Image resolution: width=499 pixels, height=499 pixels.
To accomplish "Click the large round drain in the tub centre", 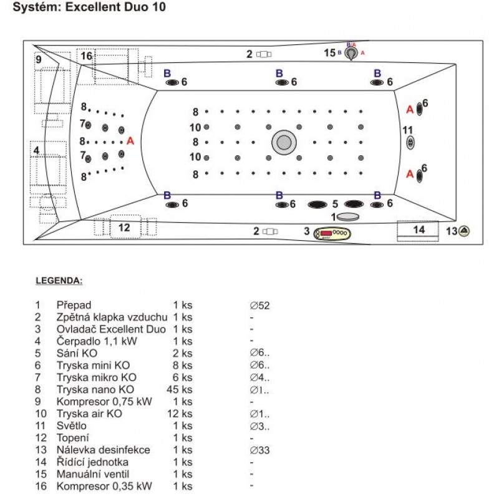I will tap(284, 143).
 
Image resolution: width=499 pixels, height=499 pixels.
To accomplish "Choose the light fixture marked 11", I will tap(410, 143).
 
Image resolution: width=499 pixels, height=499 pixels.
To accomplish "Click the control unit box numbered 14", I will tap(419, 230).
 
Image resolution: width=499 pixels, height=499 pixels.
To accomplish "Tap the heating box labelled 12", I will tap(125, 227).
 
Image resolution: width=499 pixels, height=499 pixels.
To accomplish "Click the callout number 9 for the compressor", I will tap(39, 59).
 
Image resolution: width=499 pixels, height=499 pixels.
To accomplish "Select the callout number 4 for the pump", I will tap(36, 150).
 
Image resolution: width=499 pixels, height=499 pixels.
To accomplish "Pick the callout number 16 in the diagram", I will tap(86, 56).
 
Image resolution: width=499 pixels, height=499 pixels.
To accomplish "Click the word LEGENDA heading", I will tap(58, 281).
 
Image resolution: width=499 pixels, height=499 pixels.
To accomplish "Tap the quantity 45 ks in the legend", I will tap(182, 390).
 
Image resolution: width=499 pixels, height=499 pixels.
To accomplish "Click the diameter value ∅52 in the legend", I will tap(259, 306).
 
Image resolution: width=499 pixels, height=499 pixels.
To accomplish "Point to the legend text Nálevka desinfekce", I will tap(103, 450).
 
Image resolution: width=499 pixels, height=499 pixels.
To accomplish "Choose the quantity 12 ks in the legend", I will tap(182, 414).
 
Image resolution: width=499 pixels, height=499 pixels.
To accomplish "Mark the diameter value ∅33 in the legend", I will tap(259, 450).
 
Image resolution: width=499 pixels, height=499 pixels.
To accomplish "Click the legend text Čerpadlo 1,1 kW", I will tap(96, 341).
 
